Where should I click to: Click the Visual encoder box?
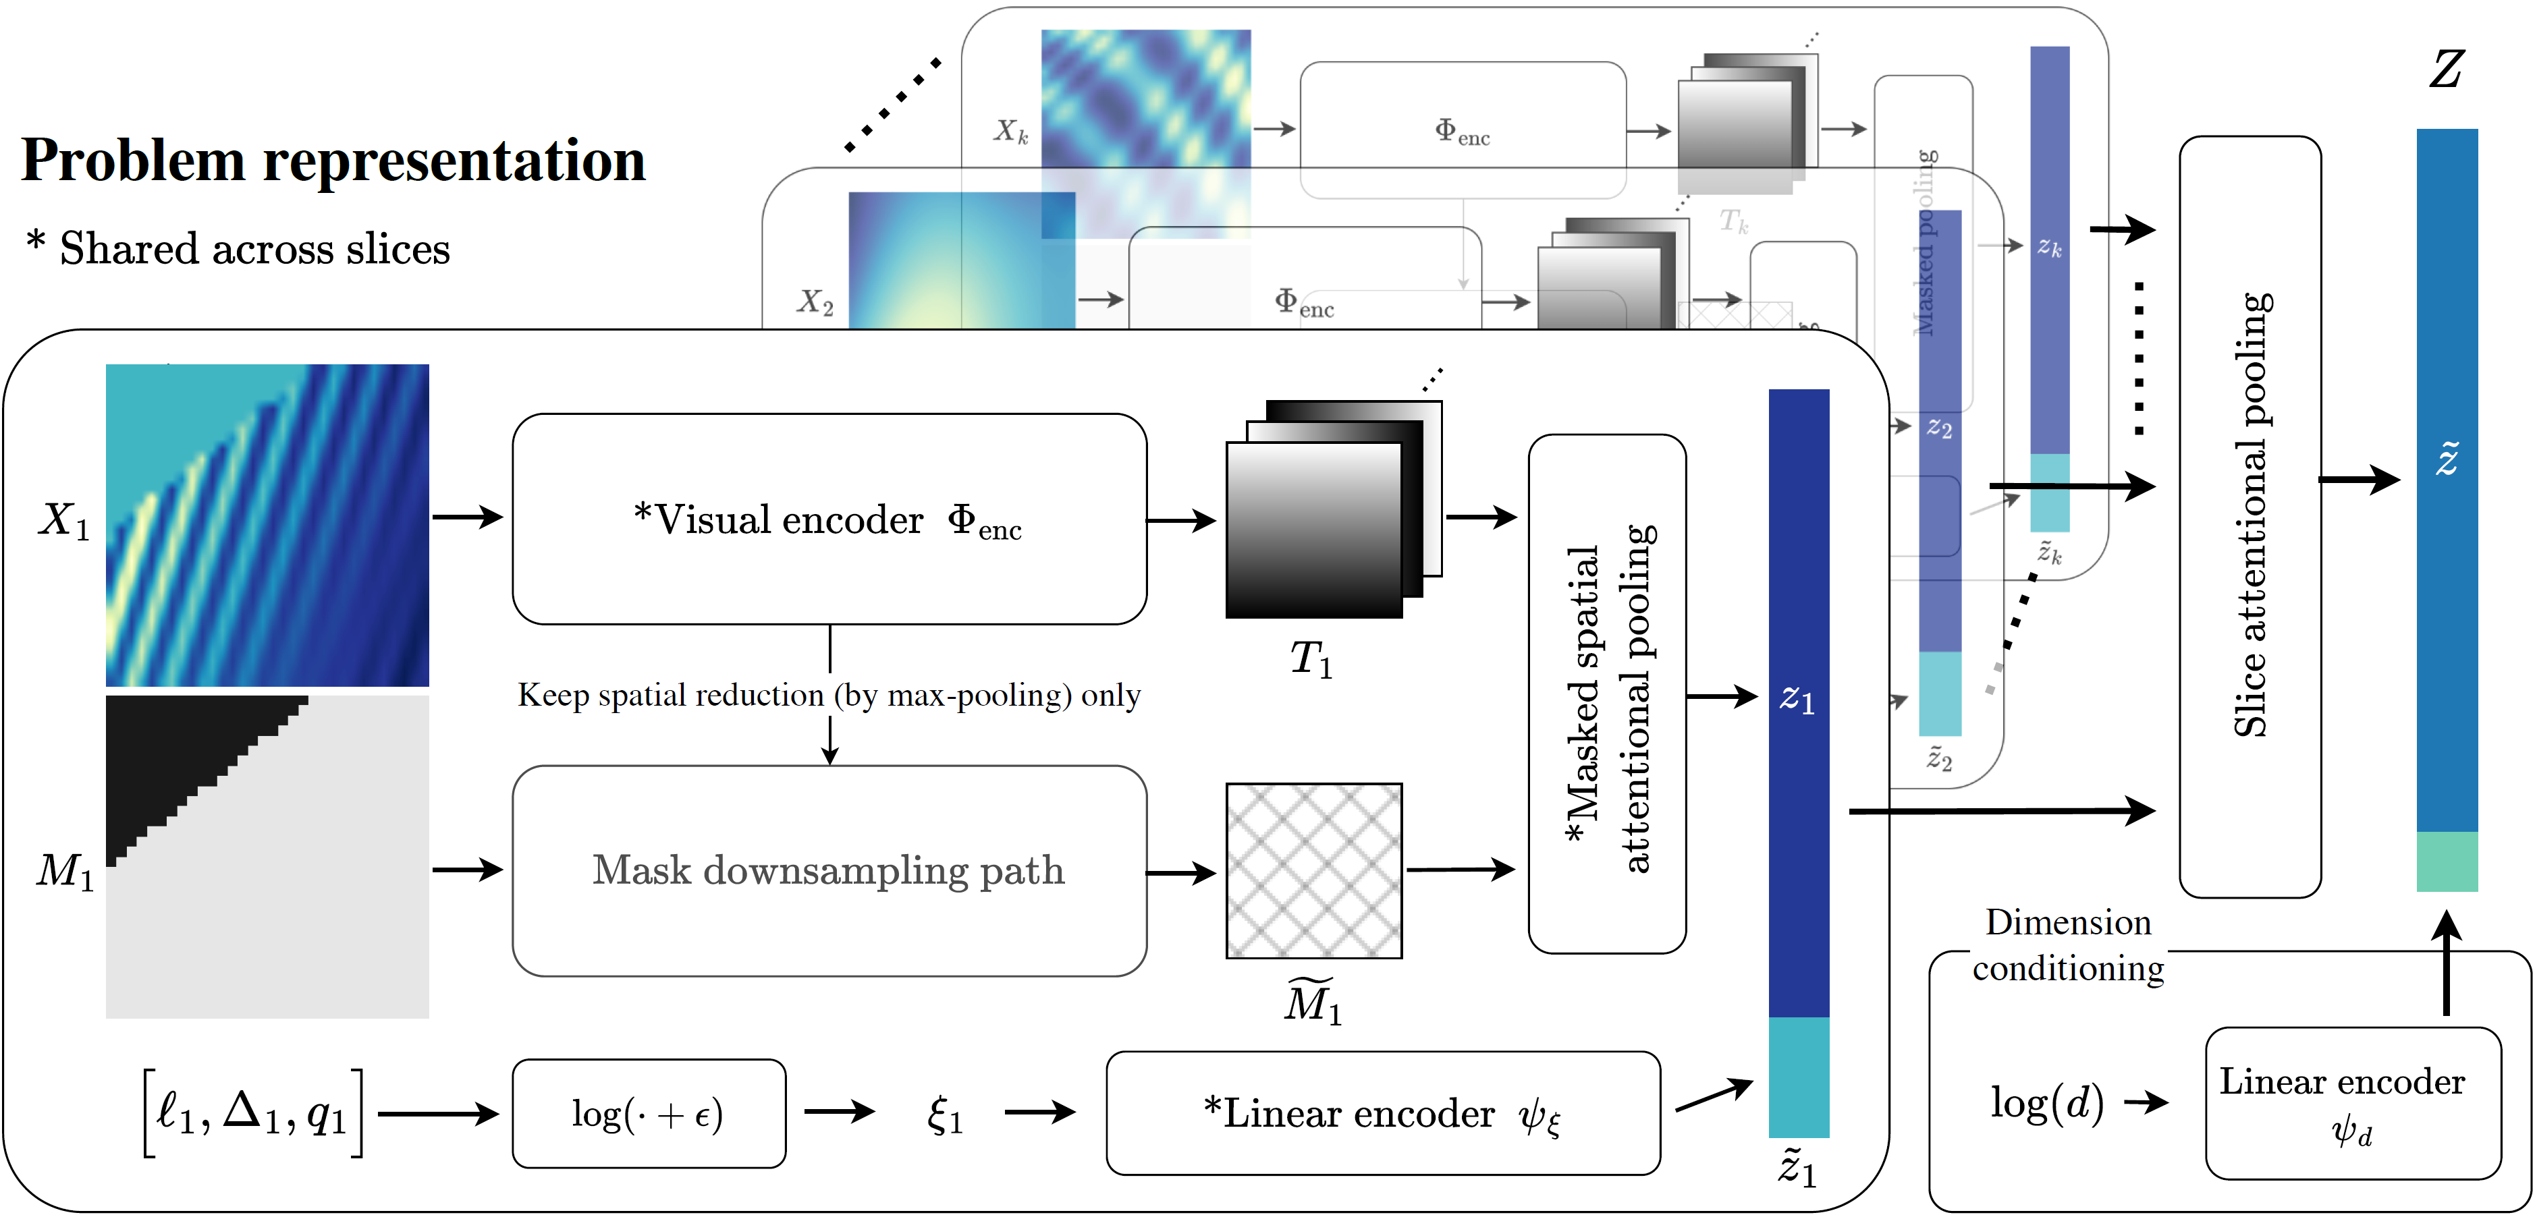coord(829,519)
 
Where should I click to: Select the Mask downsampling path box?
coord(829,871)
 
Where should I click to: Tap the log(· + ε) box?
coord(649,1114)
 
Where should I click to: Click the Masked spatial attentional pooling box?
coord(1607,694)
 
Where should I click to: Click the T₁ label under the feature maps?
coord(1311,658)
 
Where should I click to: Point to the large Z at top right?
coord(2447,69)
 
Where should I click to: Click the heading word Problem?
coord(133,161)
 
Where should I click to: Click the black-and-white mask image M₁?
coord(267,856)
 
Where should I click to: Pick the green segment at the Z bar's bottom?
coord(2447,861)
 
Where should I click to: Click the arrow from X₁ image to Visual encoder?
coord(468,517)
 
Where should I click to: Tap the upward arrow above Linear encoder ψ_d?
coord(2447,964)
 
